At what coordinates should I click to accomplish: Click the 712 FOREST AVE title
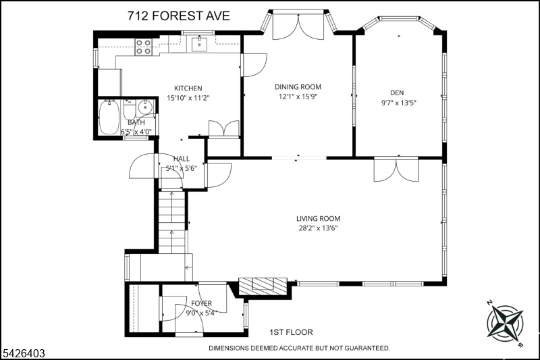[178, 16]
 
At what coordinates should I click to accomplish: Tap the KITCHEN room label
[188, 88]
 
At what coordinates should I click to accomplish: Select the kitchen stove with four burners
[143, 47]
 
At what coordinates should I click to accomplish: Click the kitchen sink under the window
[199, 43]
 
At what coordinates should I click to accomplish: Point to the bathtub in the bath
[109, 117]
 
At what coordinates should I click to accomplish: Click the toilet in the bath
[130, 109]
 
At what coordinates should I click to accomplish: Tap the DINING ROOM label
[298, 87]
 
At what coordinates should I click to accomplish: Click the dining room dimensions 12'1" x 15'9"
[298, 97]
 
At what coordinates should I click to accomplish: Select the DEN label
[397, 93]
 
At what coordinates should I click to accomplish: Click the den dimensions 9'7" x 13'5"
[398, 103]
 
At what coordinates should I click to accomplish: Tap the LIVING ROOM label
[318, 218]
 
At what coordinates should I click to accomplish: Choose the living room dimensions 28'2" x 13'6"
[318, 228]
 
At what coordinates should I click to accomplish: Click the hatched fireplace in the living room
[263, 286]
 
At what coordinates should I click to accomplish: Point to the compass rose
[505, 324]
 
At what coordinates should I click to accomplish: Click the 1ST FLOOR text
[291, 332]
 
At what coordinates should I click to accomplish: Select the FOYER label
[201, 303]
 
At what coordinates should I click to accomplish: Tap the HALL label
[182, 159]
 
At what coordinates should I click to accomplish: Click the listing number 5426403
[24, 353]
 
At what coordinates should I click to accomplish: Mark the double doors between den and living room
[396, 169]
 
